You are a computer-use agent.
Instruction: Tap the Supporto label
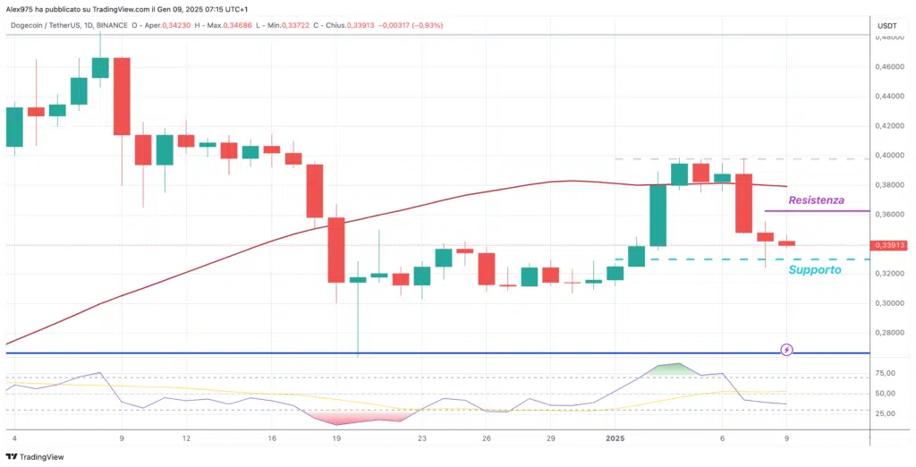[813, 269]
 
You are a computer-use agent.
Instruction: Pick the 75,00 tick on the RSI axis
[885, 373]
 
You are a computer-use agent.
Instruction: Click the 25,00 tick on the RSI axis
[885, 413]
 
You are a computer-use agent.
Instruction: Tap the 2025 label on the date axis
[615, 439]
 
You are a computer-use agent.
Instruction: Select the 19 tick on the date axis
[336, 439]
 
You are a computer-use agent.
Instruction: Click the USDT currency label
[886, 26]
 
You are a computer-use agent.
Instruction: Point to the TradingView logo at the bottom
[36, 456]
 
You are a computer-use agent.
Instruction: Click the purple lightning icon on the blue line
[786, 349]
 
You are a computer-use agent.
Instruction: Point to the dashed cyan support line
[716, 259]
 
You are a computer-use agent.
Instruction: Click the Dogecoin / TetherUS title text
[54, 24]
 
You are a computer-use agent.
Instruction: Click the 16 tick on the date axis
[272, 439]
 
